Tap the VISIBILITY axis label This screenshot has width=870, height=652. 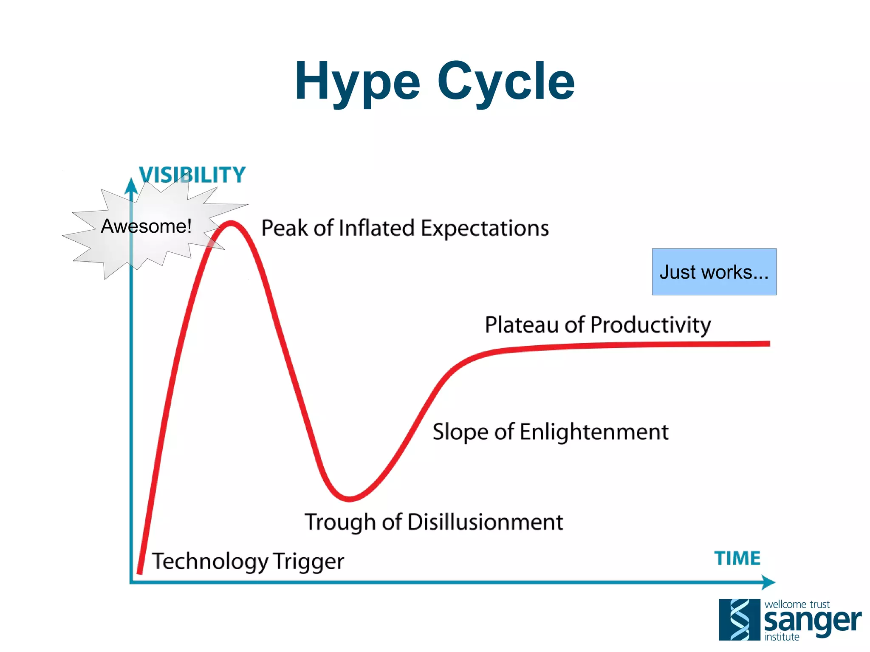[192, 175]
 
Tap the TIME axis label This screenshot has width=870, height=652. [737, 558]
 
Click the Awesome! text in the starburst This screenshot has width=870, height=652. [146, 226]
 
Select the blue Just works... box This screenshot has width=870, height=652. [714, 272]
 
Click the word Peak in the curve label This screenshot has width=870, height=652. [284, 228]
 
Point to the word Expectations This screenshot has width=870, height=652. [485, 229]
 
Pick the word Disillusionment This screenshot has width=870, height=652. [485, 522]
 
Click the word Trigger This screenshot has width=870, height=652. [308, 562]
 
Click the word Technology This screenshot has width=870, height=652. [210, 562]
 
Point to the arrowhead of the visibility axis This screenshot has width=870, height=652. [131, 186]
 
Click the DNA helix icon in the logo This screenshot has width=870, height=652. [739, 620]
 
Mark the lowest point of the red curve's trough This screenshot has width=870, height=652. [349, 499]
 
